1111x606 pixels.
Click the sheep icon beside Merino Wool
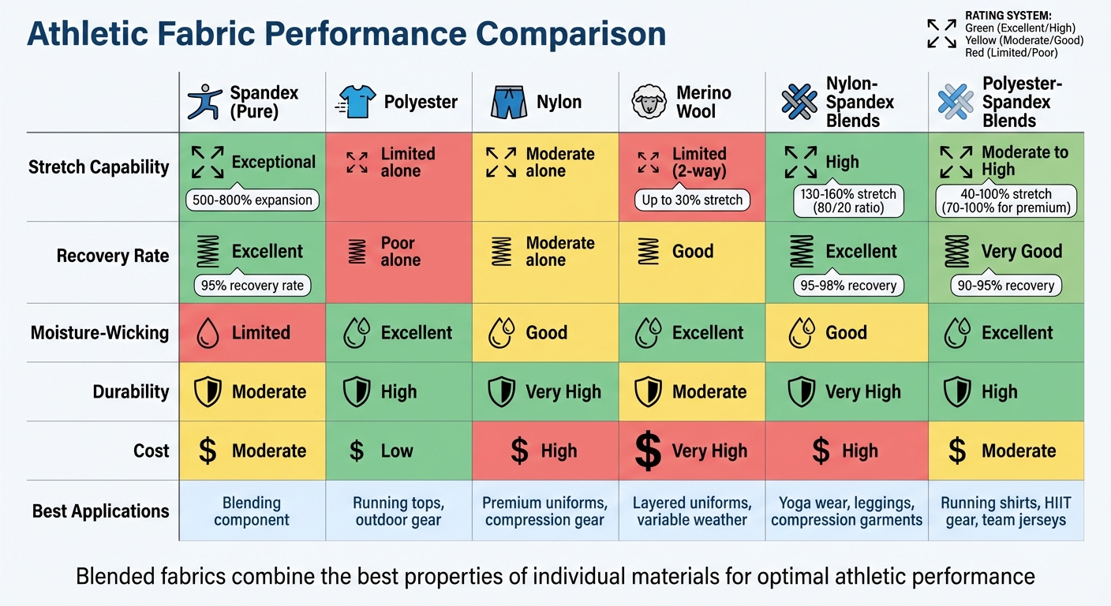[x=648, y=102]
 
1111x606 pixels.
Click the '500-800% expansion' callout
[x=252, y=200]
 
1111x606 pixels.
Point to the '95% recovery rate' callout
[x=252, y=286]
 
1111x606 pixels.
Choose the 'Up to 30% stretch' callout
[x=692, y=200]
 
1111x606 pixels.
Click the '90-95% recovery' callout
[x=1006, y=286]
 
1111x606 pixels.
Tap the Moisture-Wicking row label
[x=99, y=333]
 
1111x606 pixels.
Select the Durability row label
[x=131, y=392]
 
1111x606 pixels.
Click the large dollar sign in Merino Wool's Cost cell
[x=648, y=451]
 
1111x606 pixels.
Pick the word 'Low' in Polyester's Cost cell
[x=397, y=451]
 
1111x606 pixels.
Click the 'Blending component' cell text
[x=252, y=511]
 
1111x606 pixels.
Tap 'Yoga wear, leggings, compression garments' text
[x=847, y=511]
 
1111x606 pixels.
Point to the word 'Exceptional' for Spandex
[x=273, y=163]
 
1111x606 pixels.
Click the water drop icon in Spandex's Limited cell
[x=208, y=333]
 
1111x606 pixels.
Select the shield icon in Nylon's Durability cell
[x=502, y=392]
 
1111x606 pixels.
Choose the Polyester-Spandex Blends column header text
[x=1016, y=102]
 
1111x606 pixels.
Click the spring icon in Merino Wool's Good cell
[x=648, y=252]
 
